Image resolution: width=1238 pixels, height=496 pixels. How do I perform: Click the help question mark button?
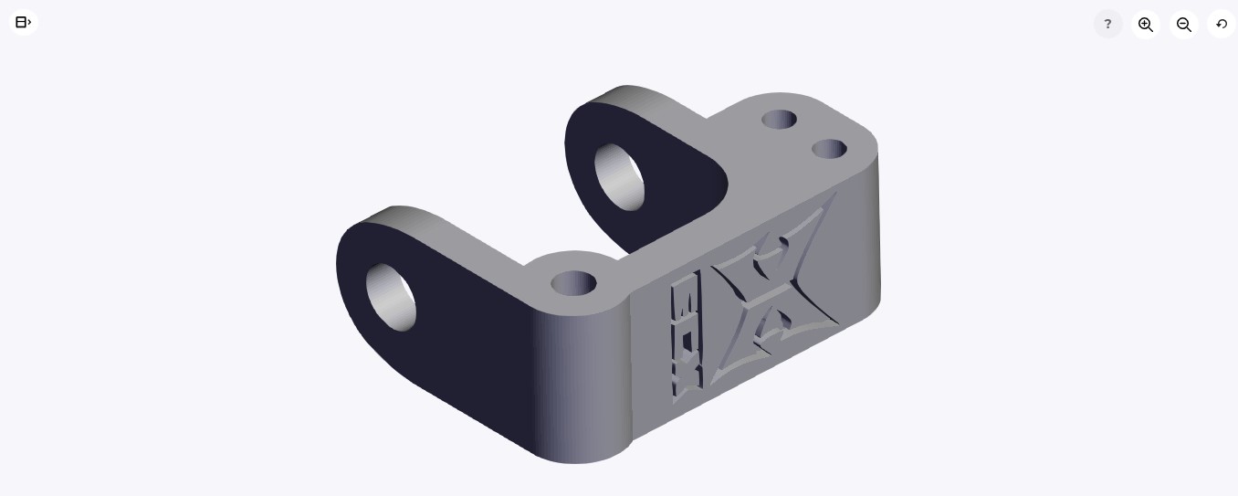click(x=1107, y=24)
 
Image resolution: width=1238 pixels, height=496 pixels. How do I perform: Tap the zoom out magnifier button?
click(x=1183, y=25)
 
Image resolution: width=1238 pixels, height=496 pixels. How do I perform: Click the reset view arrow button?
click(x=1221, y=25)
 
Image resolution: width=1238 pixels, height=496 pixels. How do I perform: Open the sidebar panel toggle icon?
click(x=24, y=23)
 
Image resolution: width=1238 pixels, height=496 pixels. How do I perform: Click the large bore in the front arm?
click(x=392, y=297)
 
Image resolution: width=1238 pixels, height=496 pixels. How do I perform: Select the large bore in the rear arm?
click(x=620, y=176)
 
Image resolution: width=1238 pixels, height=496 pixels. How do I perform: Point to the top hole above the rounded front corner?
click(x=573, y=283)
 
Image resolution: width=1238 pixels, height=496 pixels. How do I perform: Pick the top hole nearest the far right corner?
click(x=829, y=149)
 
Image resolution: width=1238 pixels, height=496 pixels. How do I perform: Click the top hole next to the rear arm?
click(x=779, y=120)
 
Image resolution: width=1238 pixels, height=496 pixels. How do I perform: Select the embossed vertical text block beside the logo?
click(x=686, y=336)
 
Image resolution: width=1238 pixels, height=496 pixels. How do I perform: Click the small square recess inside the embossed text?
click(x=687, y=342)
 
